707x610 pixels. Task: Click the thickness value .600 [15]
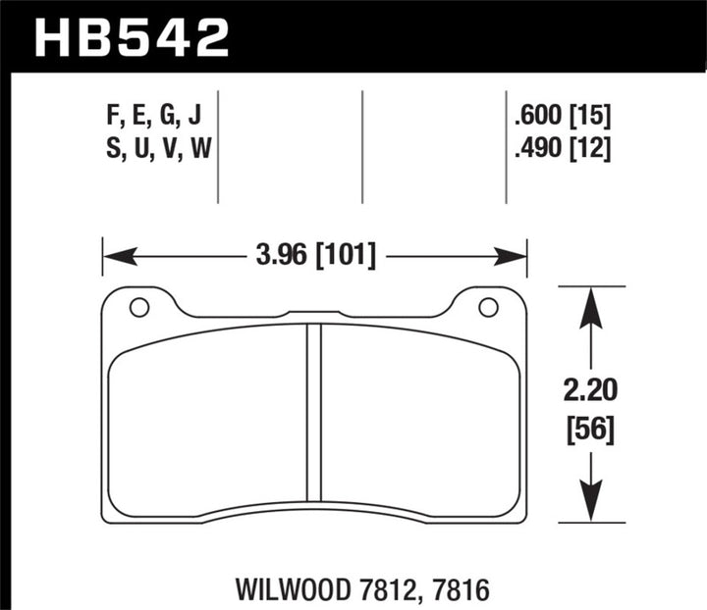pos(562,119)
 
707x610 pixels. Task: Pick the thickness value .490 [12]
pos(562,150)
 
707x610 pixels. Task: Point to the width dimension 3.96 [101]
pos(315,258)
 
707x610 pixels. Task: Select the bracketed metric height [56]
pos(589,430)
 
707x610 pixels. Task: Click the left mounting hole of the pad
pos(138,307)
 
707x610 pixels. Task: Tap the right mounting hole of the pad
pos(487,307)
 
